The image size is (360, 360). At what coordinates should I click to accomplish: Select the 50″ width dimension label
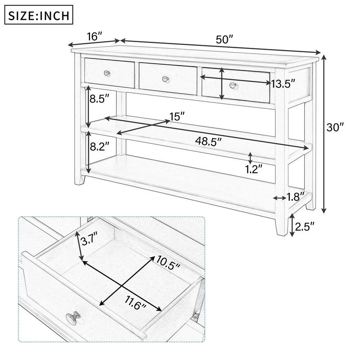tap(225, 39)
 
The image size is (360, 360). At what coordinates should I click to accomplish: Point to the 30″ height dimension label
tap(336, 127)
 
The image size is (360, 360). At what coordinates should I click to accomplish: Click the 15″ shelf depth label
tap(177, 116)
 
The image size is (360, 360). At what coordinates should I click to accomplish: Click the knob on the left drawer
tap(107, 73)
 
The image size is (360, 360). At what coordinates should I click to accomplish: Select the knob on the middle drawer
tap(165, 78)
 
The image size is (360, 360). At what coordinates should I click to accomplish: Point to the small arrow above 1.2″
tap(250, 157)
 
